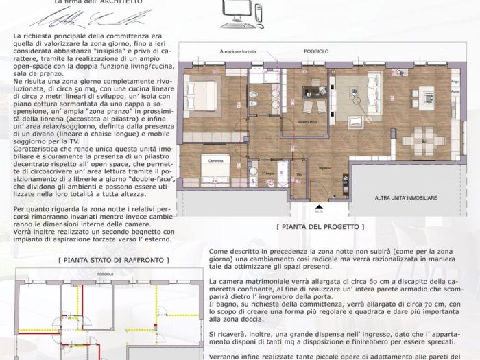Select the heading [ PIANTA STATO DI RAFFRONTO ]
pos(106,260)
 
